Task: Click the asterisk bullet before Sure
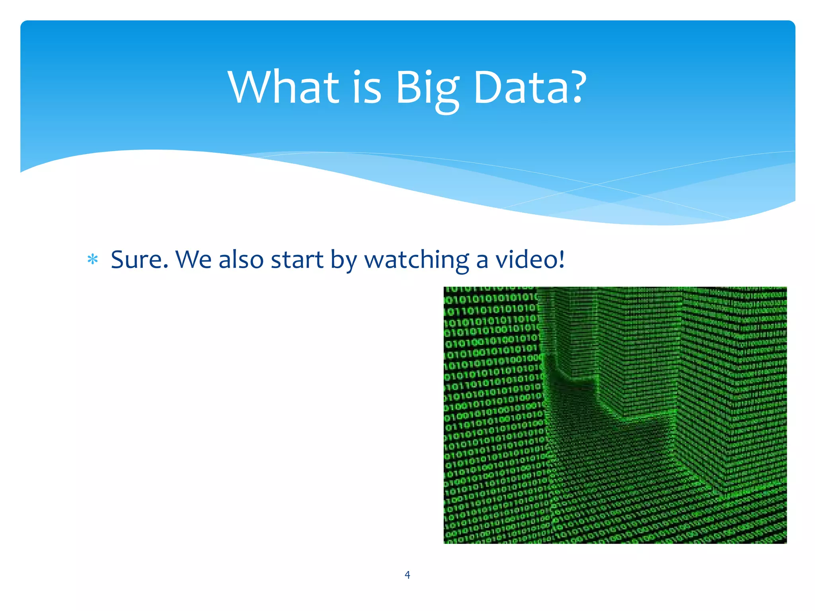(93, 260)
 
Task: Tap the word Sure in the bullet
(136, 259)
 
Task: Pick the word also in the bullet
(241, 259)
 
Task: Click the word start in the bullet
(297, 259)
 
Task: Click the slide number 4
(407, 574)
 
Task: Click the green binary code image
(615, 415)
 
